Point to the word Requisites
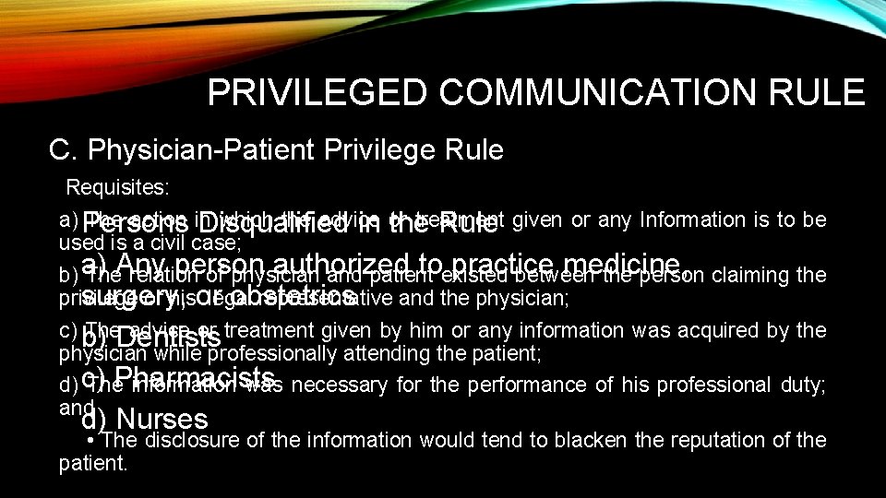[117, 188]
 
